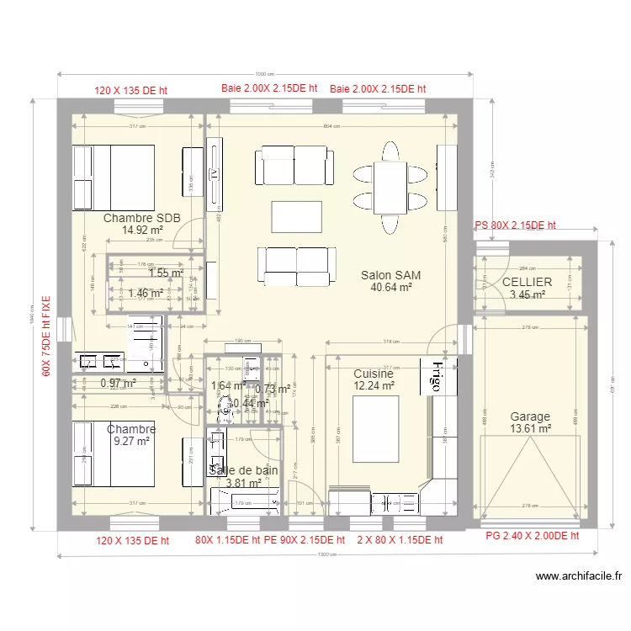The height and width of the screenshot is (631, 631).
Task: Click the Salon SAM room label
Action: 390,275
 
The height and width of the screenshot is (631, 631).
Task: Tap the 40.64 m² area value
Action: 390,287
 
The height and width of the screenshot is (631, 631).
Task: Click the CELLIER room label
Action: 527,283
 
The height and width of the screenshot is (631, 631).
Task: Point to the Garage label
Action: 530,416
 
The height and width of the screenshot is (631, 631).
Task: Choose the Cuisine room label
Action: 374,374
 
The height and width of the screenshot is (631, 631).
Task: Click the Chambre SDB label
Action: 141,218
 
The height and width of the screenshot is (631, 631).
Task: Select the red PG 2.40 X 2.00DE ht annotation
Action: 533,536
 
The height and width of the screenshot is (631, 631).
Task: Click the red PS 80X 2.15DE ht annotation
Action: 515,225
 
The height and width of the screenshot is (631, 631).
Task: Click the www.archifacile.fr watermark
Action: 579,576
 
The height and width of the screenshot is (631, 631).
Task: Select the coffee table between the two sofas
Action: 297,216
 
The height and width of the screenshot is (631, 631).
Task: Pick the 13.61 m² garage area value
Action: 530,429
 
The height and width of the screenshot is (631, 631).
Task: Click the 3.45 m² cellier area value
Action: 527,295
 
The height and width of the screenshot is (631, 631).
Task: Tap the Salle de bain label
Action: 243,471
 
